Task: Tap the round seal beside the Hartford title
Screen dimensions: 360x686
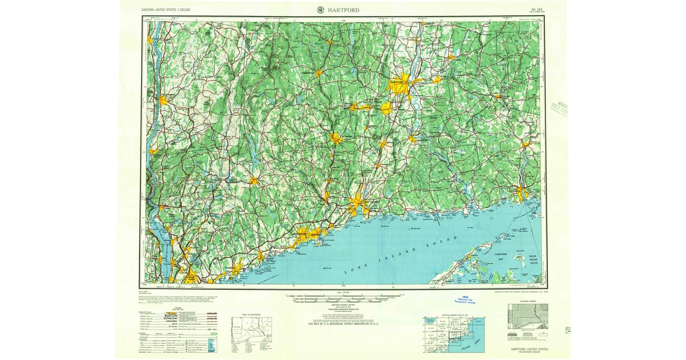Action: point(320,10)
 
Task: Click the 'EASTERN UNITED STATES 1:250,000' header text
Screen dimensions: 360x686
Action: point(166,10)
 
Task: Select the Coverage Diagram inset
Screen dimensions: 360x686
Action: point(527,316)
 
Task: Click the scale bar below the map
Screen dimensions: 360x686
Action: point(343,297)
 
